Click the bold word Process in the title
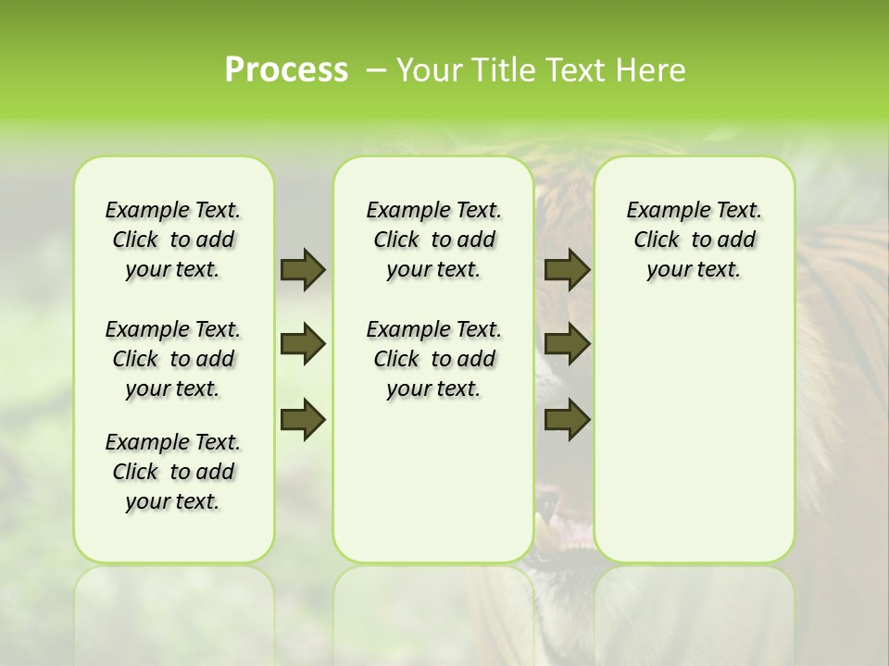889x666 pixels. click(x=286, y=70)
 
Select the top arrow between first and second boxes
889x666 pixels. click(x=303, y=269)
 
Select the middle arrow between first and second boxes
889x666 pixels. click(x=303, y=344)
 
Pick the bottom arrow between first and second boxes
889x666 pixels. click(x=303, y=419)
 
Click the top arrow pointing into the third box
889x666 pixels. click(x=567, y=269)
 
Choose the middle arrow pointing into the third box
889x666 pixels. click(x=567, y=344)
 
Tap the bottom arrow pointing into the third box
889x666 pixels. click(x=567, y=419)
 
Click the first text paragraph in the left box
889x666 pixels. click(x=173, y=240)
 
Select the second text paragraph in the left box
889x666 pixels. click(x=173, y=359)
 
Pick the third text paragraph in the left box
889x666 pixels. click(x=173, y=472)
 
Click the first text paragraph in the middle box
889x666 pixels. click(x=433, y=240)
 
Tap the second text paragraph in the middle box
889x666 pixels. click(x=433, y=359)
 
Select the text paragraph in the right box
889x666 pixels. click(x=694, y=240)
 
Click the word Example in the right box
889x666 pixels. click(x=661, y=211)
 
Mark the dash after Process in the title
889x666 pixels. click(x=376, y=71)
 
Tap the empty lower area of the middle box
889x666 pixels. click(x=433, y=481)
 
